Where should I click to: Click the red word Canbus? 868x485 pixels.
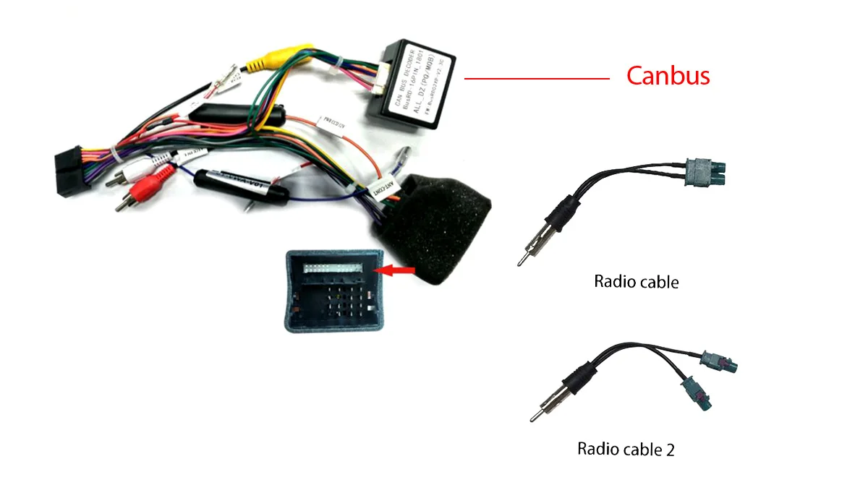[x=668, y=75]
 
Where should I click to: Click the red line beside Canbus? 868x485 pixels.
[x=536, y=78]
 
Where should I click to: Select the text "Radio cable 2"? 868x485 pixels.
[x=626, y=449]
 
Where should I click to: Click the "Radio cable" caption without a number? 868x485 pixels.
[x=637, y=281]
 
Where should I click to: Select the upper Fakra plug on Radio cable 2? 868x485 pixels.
[x=720, y=359]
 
